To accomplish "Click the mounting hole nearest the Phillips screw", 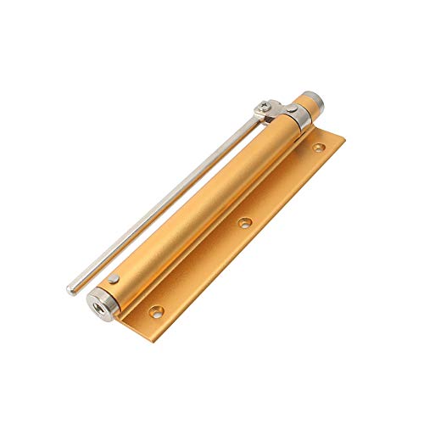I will pyautogui.click(x=318, y=148).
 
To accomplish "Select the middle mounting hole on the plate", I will pyautogui.click(x=244, y=223).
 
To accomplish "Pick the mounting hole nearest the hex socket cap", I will pyautogui.click(x=156, y=312).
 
